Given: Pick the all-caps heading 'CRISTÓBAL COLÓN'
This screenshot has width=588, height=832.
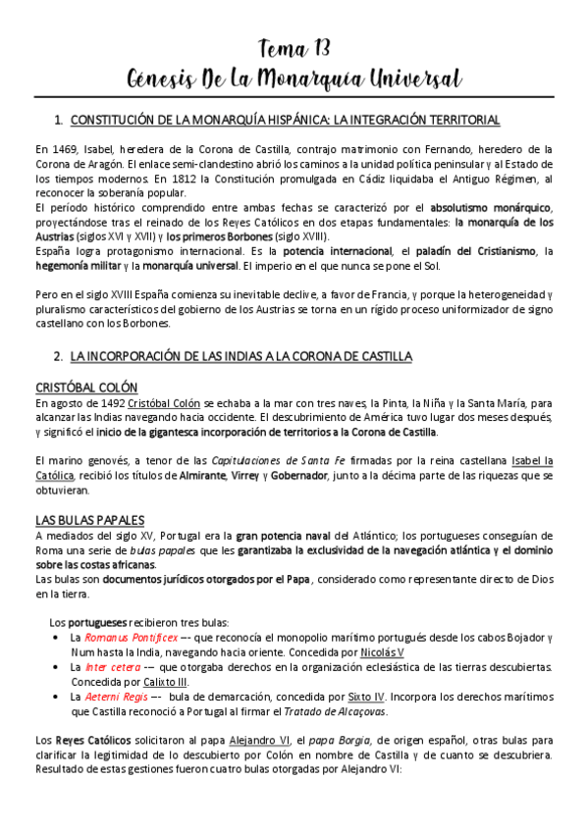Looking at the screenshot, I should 85,387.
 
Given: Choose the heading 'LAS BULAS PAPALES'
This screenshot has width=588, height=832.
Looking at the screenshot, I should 89,519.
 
